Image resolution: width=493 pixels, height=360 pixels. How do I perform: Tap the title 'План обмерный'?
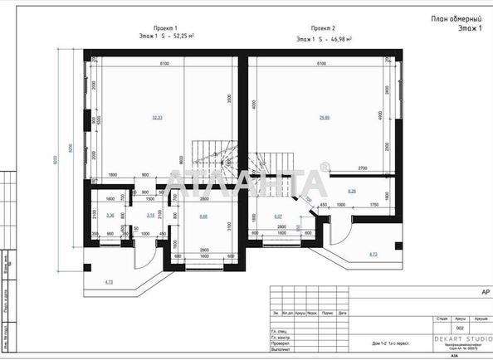[455, 18]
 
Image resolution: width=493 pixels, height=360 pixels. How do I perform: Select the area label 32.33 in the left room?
[157, 117]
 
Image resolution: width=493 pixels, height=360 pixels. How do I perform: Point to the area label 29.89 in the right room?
[325, 117]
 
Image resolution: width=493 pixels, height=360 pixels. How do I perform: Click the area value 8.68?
[203, 216]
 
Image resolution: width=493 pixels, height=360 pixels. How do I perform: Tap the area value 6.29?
[351, 192]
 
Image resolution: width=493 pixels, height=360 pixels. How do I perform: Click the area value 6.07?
[278, 216]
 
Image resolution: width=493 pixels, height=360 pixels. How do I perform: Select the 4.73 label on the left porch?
[110, 284]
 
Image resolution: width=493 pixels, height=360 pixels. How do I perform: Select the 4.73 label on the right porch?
[372, 255]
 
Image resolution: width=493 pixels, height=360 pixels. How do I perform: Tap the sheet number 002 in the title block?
[447, 328]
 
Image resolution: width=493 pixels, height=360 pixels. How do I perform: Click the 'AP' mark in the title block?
[485, 291]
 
